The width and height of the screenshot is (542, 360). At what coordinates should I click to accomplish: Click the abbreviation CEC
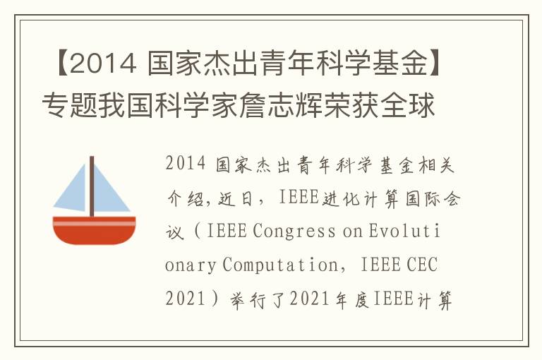[421, 265]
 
